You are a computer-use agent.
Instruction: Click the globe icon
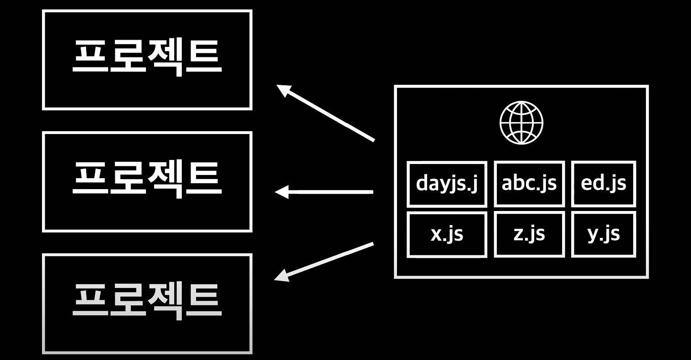pyautogui.click(x=521, y=123)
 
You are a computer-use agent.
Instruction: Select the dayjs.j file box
pyautogui.click(x=447, y=184)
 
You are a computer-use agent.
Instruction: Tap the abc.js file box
pyautogui.click(x=529, y=184)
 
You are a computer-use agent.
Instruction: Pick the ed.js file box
pyautogui.click(x=603, y=184)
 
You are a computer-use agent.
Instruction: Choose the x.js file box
pyautogui.click(x=447, y=234)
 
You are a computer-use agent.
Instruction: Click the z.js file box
pyautogui.click(x=529, y=234)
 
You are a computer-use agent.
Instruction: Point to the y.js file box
pyautogui.click(x=603, y=234)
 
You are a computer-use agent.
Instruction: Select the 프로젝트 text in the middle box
pyautogui.click(x=147, y=179)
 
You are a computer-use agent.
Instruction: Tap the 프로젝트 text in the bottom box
pyautogui.click(x=147, y=301)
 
